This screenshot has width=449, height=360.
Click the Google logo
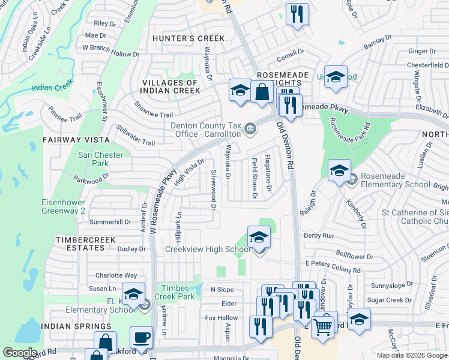point(20,353)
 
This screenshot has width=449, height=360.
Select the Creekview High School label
point(208,249)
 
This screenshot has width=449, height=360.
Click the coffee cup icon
point(141,337)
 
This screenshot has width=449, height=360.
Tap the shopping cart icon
point(322,327)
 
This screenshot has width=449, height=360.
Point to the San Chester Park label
point(101,159)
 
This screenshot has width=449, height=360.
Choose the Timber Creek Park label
point(178,292)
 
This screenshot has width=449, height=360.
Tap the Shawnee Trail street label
point(154,115)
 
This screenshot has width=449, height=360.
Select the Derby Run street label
point(319,236)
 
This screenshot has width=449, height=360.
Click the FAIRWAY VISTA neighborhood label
point(76,140)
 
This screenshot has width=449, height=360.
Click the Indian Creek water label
point(52,88)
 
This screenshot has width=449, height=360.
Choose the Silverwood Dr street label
point(213,189)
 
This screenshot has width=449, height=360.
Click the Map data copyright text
point(412,355)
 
